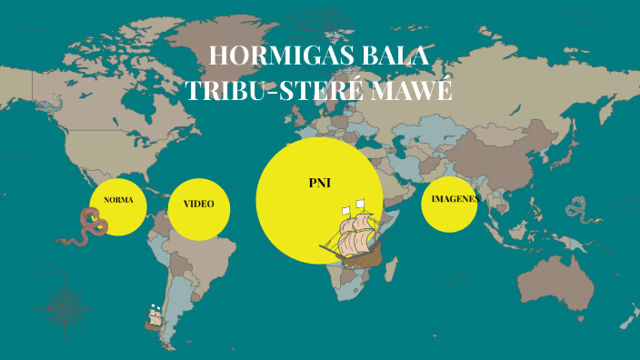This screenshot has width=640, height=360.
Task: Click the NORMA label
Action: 118,198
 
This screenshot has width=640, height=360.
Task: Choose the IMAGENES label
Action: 455,198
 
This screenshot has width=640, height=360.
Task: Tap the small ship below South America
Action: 154,317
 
